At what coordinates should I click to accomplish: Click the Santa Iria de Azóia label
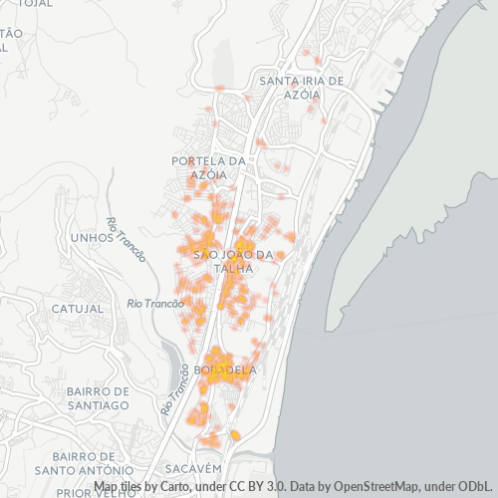pyautogui.click(x=300, y=87)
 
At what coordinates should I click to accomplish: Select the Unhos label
pyautogui.click(x=93, y=238)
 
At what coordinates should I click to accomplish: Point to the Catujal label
pyautogui.click(x=77, y=309)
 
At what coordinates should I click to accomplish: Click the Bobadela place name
pyautogui.click(x=226, y=370)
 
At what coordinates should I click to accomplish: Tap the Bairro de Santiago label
pyautogui.click(x=98, y=398)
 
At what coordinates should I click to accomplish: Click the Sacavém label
pyautogui.click(x=192, y=467)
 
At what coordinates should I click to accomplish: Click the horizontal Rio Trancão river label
pyautogui.click(x=156, y=303)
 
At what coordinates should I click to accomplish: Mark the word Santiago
pyautogui.click(x=98, y=405)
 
